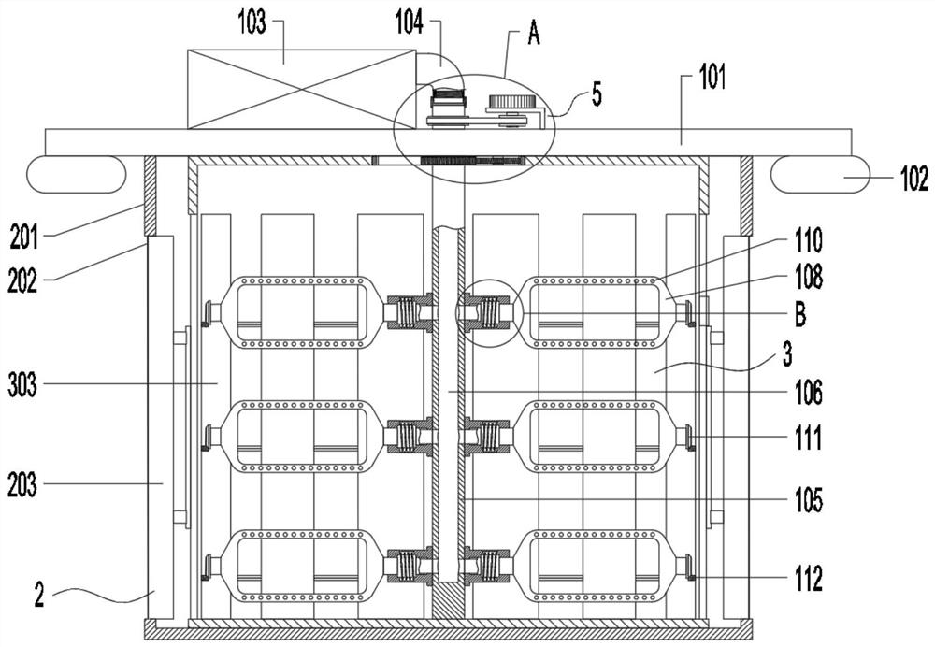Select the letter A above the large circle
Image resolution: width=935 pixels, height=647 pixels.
click(x=535, y=36)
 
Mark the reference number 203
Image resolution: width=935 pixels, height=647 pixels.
click(x=22, y=484)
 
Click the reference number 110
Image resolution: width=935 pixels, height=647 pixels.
click(x=805, y=242)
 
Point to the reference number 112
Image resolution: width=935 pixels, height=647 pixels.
click(x=804, y=580)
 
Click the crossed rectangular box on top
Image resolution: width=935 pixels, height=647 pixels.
click(x=301, y=89)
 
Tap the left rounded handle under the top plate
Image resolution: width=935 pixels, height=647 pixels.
click(x=77, y=174)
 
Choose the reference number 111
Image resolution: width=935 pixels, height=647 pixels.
click(x=804, y=438)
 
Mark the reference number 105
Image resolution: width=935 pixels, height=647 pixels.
click(x=805, y=501)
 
